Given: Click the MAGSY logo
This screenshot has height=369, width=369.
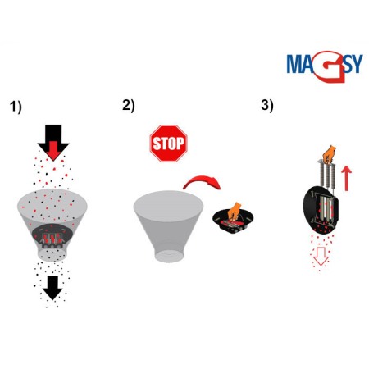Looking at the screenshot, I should coord(324,64).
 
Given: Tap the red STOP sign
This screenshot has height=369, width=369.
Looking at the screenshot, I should coord(168,143).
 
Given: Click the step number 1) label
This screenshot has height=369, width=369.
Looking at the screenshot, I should coord(16,107).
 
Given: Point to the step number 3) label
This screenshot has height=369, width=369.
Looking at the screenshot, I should coord(267,105).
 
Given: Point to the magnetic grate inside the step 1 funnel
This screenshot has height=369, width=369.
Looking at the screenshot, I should coord(53,237).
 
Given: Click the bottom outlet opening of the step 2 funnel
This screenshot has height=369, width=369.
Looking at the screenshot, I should coord(169,253).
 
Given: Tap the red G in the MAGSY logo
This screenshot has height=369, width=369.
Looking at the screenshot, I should coord(321,63).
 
